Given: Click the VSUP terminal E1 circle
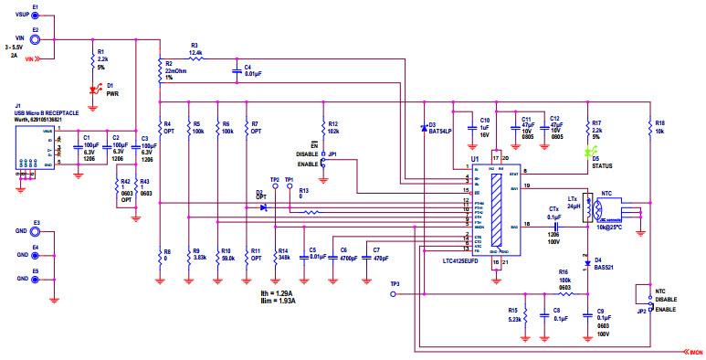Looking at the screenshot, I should coord(35,16).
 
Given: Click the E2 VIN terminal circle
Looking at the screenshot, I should coord(35,38).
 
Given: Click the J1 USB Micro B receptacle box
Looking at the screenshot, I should coord(35,151).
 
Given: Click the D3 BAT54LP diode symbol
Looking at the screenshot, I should coord(423,126).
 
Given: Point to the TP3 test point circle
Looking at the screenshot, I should coord(395,295).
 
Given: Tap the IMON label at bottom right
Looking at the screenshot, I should coord(694,351).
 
